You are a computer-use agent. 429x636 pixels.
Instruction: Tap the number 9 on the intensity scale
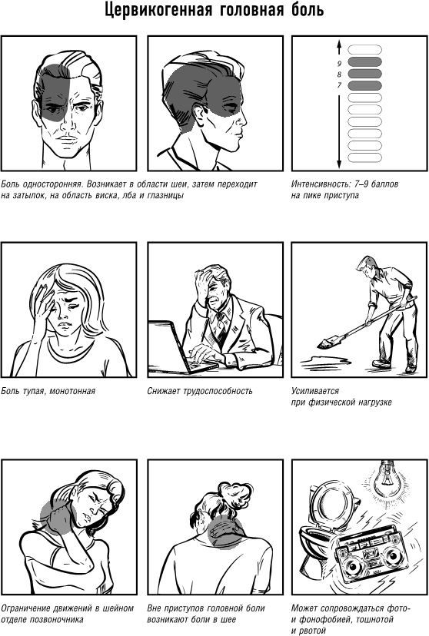pos(339,63)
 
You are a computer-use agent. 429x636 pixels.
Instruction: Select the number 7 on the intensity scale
pos(339,85)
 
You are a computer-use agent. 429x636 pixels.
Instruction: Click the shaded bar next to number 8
pos(365,74)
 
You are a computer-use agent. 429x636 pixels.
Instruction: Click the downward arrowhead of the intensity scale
pos(339,164)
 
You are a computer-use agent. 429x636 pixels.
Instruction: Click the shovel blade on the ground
pos(325,344)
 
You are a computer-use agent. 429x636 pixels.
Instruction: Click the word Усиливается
pos(315,391)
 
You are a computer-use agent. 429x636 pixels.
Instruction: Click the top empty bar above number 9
pos(365,49)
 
